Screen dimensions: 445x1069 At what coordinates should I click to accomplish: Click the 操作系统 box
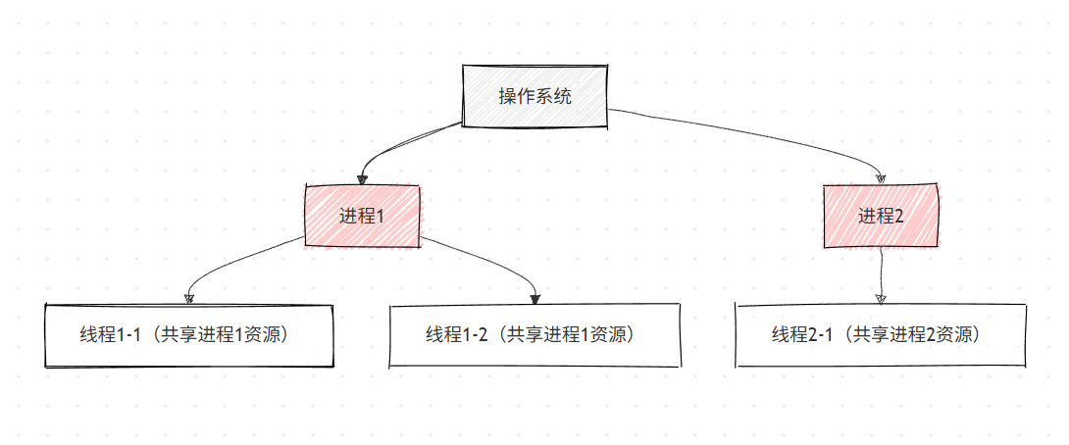[x=534, y=97]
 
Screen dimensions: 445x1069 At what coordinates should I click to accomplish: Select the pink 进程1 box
[x=362, y=216]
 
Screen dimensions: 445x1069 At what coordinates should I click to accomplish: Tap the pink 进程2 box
[x=881, y=216]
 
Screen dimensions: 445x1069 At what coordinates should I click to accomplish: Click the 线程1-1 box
[x=189, y=335]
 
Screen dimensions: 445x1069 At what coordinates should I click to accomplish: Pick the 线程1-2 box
[x=534, y=335]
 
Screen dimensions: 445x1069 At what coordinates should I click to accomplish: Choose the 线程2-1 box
[x=881, y=335]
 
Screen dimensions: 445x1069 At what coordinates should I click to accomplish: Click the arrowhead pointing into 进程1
[x=363, y=179]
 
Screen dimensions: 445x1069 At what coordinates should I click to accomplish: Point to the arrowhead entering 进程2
[x=881, y=178]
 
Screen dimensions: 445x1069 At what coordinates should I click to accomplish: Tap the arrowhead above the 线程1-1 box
[x=190, y=298]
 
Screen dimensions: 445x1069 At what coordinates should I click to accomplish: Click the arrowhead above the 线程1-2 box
[x=534, y=298]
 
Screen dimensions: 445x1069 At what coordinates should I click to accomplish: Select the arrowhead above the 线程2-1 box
[x=881, y=298]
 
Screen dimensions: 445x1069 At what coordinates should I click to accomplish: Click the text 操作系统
[x=534, y=97]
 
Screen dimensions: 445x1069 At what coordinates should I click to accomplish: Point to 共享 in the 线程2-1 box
[x=868, y=335]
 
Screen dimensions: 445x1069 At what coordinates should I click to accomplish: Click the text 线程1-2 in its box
[x=456, y=335]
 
